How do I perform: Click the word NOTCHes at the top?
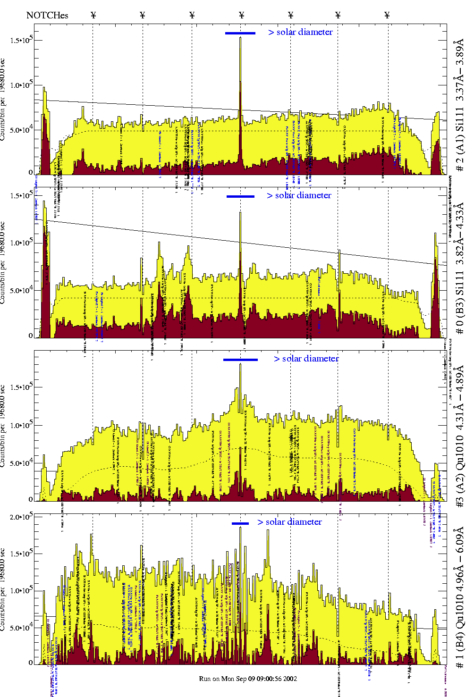tap(47, 15)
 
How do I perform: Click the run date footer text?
tap(248, 679)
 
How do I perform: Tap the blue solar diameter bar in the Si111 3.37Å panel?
tap(240, 33)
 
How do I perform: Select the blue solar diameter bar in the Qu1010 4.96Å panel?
tap(240, 523)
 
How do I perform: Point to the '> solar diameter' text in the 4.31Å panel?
tap(306, 359)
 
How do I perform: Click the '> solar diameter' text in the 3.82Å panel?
tap(299, 195)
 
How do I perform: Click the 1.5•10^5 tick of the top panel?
tap(21, 40)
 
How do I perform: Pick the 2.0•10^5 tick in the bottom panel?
tap(21, 517)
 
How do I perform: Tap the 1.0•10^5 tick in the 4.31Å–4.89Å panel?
tap(21, 425)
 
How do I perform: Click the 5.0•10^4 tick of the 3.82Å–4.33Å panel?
tap(21, 291)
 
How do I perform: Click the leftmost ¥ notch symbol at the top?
tap(93, 15)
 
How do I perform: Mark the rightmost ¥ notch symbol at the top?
tap(387, 15)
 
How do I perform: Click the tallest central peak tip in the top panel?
tap(240, 38)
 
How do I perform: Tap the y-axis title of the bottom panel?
tap(4, 590)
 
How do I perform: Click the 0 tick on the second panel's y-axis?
tap(30, 336)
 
